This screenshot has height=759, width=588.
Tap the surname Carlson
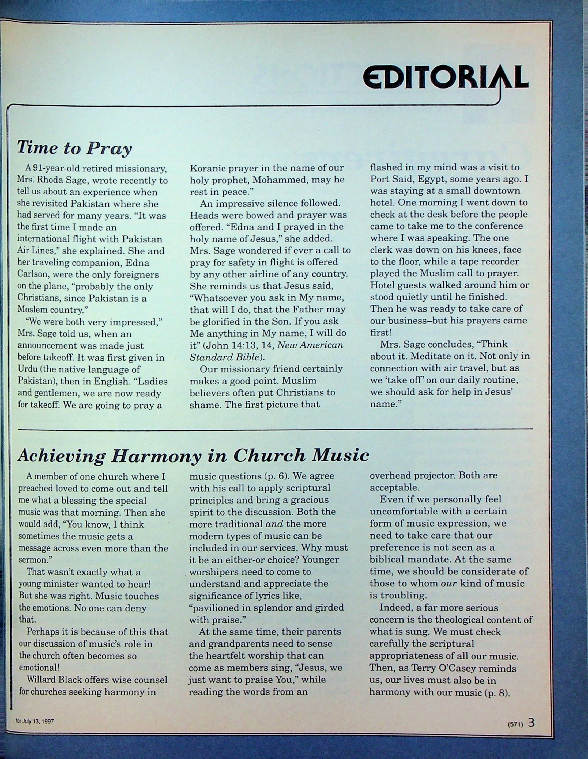pyautogui.click(x=34, y=274)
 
